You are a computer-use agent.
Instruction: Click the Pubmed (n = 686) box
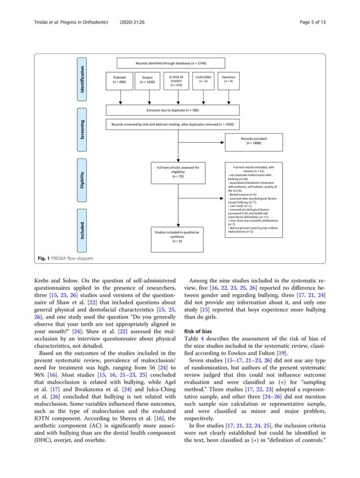[120, 79]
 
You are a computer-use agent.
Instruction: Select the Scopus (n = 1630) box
[150, 79]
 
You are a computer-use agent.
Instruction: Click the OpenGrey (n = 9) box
[229, 79]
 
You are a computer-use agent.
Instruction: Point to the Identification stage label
[83, 79]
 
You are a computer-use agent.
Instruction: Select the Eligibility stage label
[83, 183]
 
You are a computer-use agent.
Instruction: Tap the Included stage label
[83, 231]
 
